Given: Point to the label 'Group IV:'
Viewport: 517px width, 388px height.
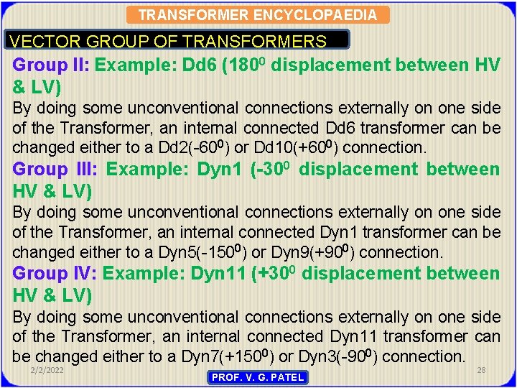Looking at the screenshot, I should (x=55, y=274).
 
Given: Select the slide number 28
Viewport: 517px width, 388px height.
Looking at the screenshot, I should (x=480, y=369).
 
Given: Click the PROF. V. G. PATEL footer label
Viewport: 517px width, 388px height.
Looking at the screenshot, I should (x=257, y=377).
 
